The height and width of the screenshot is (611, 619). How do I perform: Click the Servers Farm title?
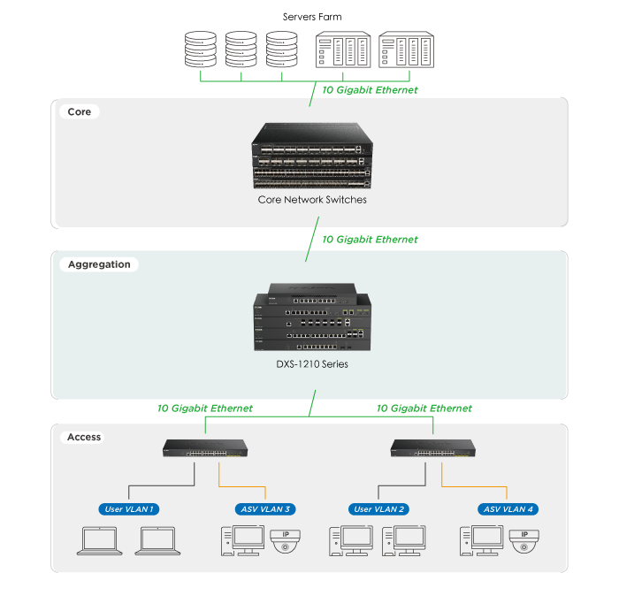pos(312,17)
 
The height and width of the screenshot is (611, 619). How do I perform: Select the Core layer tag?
pos(79,112)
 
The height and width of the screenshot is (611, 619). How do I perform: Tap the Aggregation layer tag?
pos(99,264)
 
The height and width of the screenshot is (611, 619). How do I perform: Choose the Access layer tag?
pos(84,437)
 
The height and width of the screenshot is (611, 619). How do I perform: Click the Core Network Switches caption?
pos(312,200)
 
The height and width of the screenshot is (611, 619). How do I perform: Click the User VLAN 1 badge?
pos(129,508)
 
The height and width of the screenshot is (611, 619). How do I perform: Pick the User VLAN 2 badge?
pos(378,508)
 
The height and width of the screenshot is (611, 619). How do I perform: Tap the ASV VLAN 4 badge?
pos(508,508)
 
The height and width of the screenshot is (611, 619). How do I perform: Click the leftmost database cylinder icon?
pos(200,50)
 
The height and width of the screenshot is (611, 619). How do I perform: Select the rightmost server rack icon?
pos(406,50)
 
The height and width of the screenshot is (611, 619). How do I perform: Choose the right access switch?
pos(433,448)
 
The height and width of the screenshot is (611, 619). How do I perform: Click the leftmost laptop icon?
pos(99,541)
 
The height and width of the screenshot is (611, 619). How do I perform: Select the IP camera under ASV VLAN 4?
pos(524,540)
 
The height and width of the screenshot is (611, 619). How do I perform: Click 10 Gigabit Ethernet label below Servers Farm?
pos(370,90)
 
